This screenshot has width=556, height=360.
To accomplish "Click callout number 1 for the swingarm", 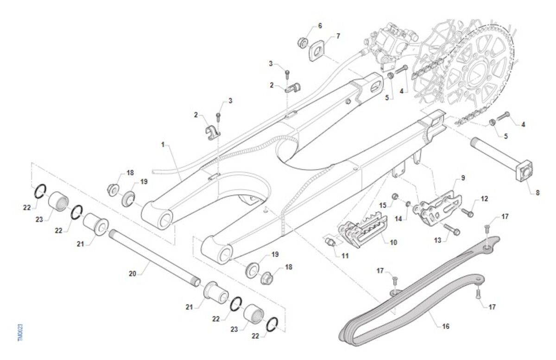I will coord(163,145).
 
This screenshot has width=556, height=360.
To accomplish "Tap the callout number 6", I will coord(320,25).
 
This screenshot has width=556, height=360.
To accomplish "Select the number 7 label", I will coord(338,36).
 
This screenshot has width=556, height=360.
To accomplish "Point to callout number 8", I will coord(537,193).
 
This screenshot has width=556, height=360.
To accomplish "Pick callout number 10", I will coord(393,242).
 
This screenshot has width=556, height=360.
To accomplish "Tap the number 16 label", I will coord(446,326).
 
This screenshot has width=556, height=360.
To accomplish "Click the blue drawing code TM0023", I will coord(20,333).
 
